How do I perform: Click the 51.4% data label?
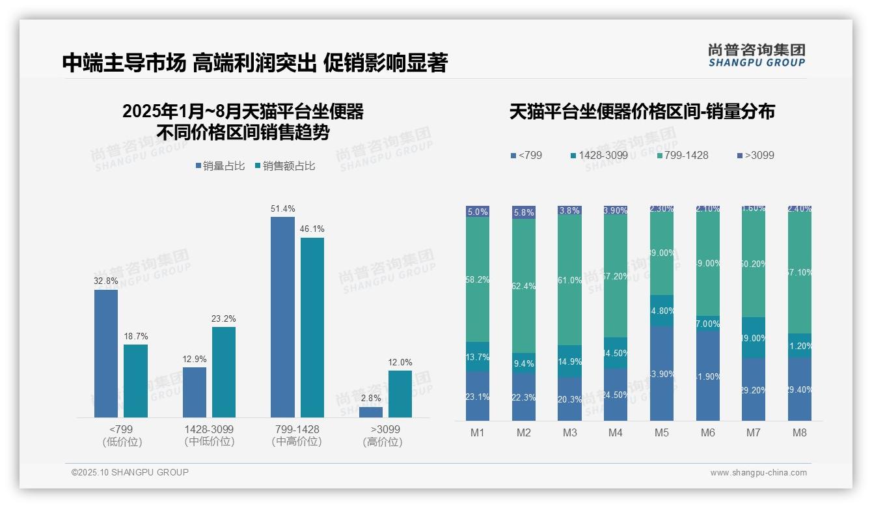282,209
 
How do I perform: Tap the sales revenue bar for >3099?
400,394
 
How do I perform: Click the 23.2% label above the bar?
223,319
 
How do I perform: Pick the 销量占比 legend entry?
220,166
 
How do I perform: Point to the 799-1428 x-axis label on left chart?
296,430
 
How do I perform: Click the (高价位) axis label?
382,442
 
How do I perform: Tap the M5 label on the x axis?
662,432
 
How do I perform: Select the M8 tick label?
800,432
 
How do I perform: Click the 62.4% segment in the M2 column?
524,286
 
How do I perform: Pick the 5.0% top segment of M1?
478,212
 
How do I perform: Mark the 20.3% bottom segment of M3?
570,399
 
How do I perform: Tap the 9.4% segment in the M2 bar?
524,363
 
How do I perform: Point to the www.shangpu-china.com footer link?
758,473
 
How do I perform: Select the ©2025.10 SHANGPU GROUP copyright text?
130,473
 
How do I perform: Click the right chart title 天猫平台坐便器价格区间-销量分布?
642,112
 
